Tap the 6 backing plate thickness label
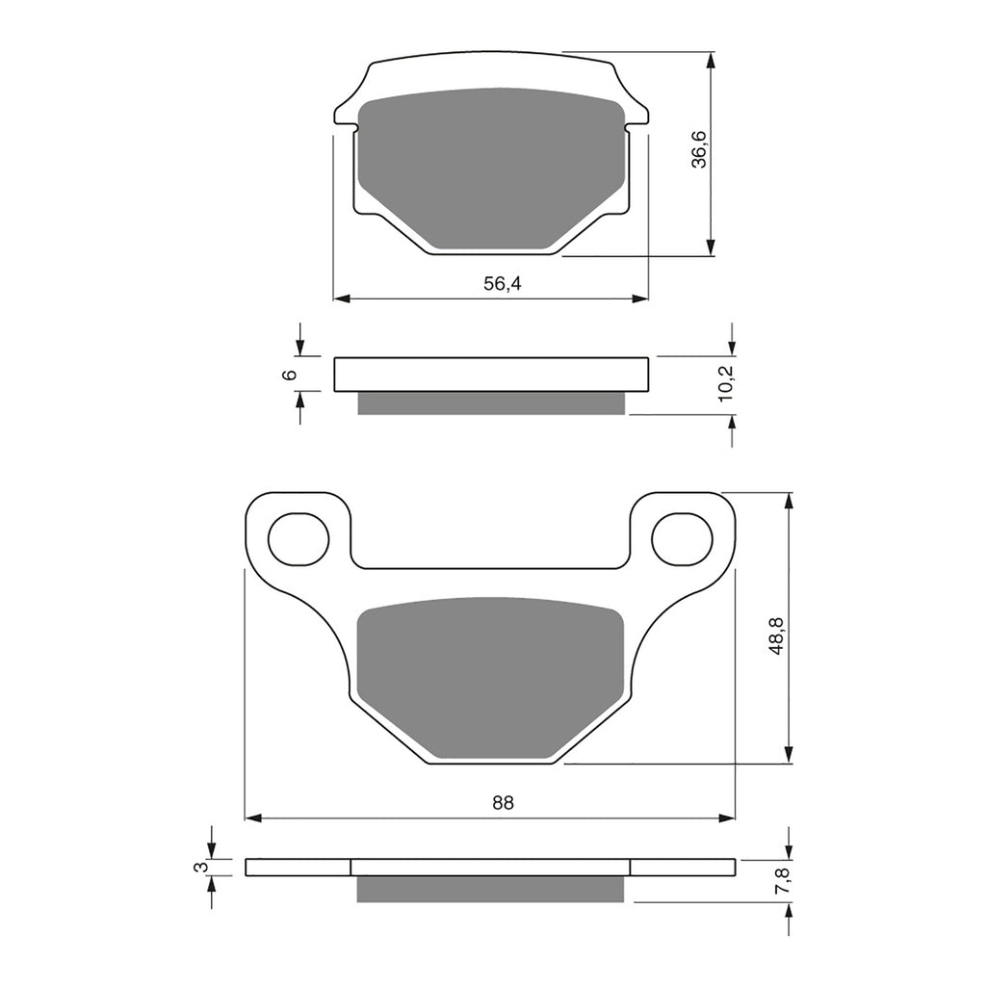tap(288, 375)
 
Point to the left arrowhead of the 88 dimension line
tap(253, 817)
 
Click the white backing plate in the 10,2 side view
tap(490, 375)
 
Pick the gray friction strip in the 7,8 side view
tap(490, 889)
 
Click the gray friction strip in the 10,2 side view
tap(490, 403)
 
